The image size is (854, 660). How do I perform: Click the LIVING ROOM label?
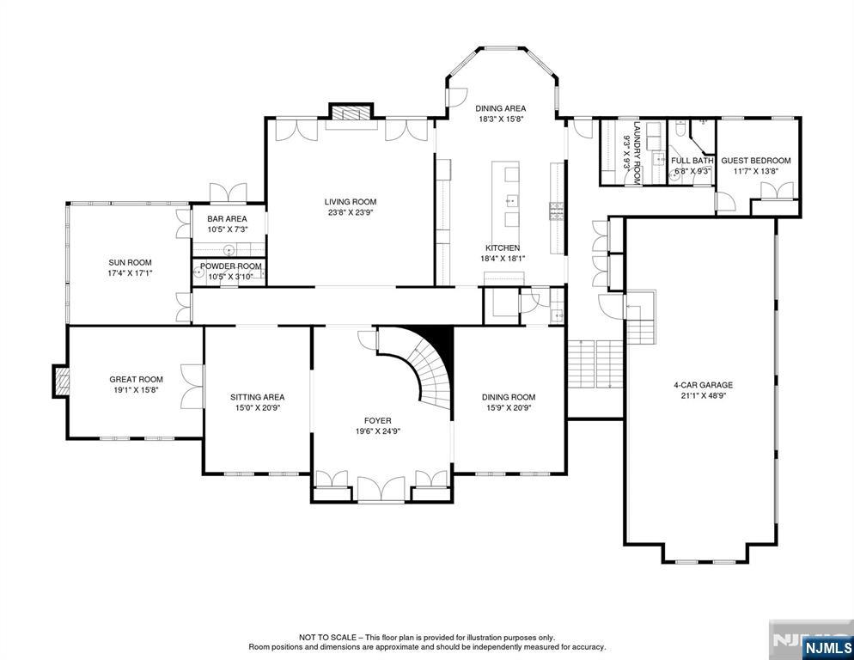351,202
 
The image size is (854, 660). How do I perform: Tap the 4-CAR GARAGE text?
703,385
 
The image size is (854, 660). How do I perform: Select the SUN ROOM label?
130,262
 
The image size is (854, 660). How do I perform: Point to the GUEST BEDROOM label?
755,161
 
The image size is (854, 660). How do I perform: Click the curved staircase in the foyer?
430,365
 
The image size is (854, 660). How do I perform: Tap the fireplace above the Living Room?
351,113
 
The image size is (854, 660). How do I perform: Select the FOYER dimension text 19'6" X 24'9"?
377,431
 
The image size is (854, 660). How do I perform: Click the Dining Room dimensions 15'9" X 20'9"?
508,407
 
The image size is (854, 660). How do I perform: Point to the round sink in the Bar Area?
230,250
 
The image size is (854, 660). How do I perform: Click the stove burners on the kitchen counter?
557,211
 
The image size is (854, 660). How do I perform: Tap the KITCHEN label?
503,248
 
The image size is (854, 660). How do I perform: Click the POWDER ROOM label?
231,266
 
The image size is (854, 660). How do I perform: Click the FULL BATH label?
692,161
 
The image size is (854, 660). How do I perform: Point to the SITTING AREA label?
257,397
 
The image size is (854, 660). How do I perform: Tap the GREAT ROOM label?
136,379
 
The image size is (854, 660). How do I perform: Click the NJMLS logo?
827,648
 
